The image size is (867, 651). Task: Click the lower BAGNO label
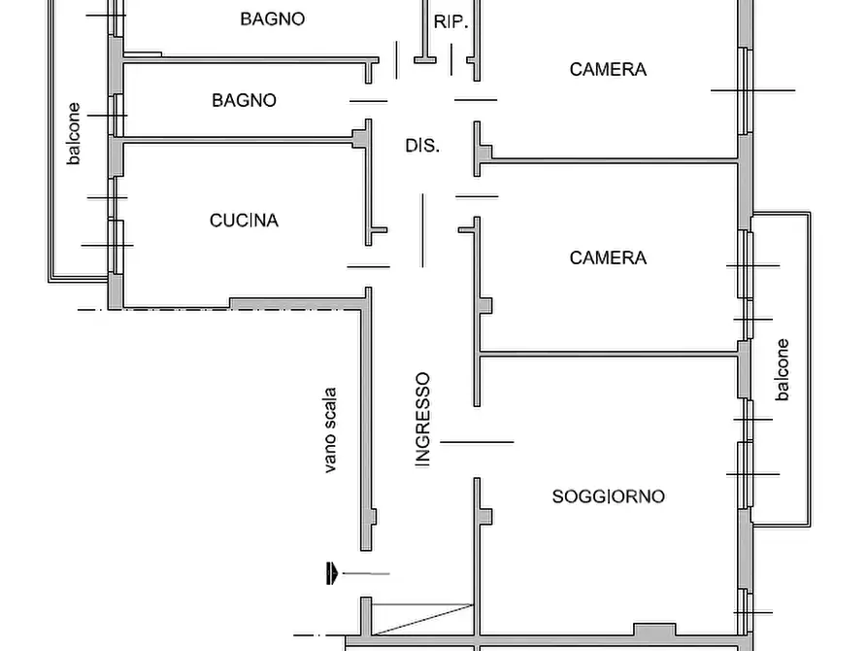(x=244, y=100)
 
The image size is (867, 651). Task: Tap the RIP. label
(x=450, y=22)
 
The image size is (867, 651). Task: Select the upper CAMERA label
(x=608, y=69)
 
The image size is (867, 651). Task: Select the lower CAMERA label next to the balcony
(x=608, y=257)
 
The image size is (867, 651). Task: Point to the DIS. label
(x=422, y=146)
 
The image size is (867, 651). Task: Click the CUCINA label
(x=244, y=221)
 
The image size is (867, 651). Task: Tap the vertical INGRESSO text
(x=422, y=420)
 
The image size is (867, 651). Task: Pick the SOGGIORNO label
(x=608, y=497)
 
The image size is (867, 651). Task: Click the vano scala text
(x=330, y=430)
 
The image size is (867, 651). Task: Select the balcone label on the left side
(x=74, y=134)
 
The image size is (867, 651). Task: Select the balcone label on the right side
(x=783, y=369)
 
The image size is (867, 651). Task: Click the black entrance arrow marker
(x=332, y=573)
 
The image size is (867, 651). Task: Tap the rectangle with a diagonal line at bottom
(x=423, y=618)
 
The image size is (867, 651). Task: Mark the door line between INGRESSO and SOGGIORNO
(x=475, y=442)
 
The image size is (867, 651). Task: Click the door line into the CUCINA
(x=368, y=266)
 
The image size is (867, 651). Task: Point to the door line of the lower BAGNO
(x=368, y=101)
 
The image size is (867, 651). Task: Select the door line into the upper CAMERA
(x=476, y=99)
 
